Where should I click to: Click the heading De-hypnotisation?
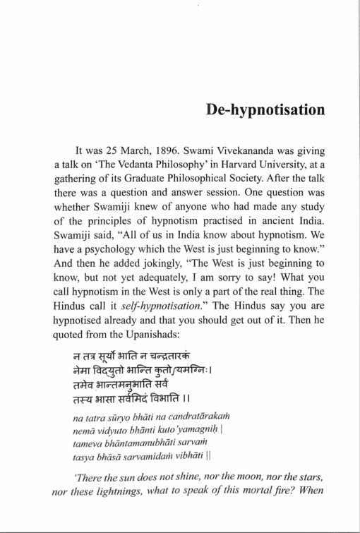tap(265, 111)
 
